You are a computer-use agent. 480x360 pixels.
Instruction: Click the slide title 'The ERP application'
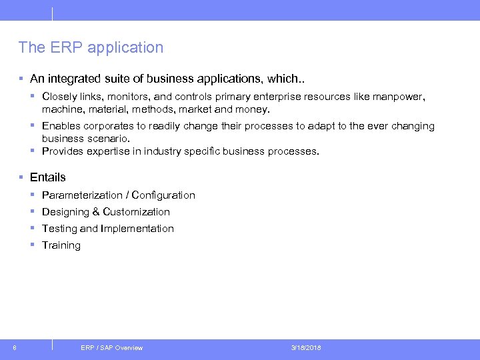(91, 47)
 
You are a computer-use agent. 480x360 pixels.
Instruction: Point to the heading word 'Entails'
(48, 177)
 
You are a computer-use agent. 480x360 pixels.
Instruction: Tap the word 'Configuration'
(163, 195)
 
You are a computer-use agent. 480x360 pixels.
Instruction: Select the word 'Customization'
(137, 212)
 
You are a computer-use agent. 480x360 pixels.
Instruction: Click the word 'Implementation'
(137, 229)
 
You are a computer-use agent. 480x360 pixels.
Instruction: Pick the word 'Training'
(61, 245)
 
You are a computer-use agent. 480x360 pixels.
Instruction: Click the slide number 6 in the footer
(15, 347)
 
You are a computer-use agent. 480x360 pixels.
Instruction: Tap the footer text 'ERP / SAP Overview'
(111, 347)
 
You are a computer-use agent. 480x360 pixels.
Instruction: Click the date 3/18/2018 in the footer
(306, 347)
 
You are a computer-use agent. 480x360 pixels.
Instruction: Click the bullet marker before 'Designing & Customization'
(33, 212)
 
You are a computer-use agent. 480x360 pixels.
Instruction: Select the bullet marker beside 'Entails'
(22, 177)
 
